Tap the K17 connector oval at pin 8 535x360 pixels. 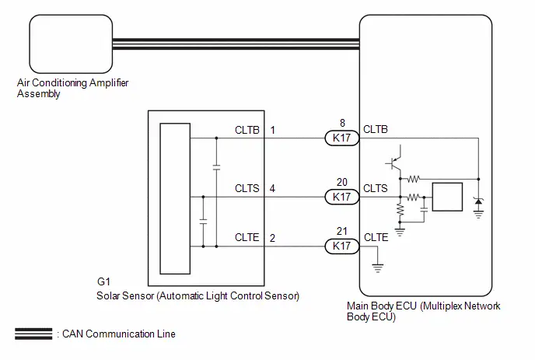[341, 138]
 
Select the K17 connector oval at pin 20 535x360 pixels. [341, 197]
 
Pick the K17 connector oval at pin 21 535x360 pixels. [341, 246]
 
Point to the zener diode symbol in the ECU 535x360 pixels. [478, 201]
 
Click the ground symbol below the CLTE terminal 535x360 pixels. [378, 268]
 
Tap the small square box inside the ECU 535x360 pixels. [447, 197]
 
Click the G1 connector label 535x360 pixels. [103, 282]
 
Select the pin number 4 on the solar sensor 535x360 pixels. [272, 188]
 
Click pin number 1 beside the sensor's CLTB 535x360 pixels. [273, 130]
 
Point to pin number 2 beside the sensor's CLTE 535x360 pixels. [272, 238]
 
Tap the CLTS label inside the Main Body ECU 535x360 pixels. [376, 188]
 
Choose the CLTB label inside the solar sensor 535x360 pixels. [247, 130]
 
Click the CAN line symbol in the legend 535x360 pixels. [33, 334]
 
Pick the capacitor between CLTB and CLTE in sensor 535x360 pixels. [216, 167]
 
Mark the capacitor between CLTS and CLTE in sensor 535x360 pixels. [203, 221]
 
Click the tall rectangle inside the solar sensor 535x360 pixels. [175, 198]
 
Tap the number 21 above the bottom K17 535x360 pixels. [342, 231]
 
